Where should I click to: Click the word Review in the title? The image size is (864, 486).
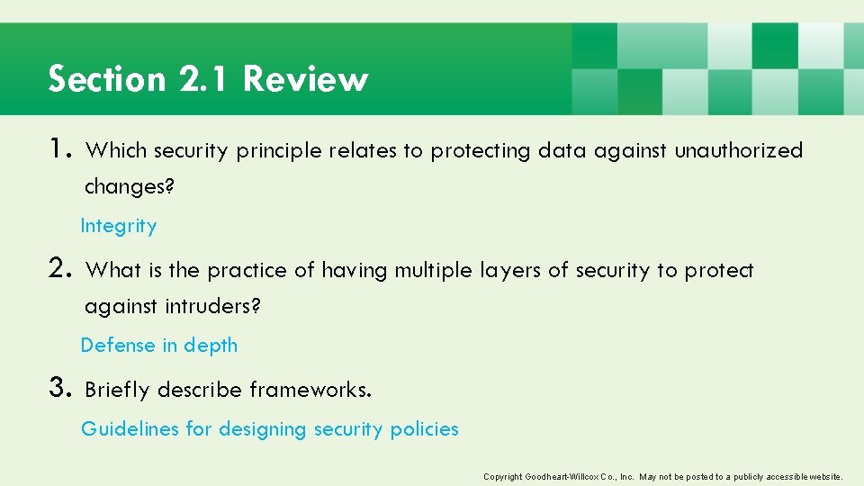click(305, 79)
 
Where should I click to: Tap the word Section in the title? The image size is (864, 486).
click(107, 79)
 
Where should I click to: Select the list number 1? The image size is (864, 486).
click(61, 149)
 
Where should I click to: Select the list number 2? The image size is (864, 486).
click(61, 268)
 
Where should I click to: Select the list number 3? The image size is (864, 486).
click(61, 389)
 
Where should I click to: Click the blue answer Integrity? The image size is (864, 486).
click(119, 226)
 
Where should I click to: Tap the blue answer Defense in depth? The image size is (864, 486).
click(159, 346)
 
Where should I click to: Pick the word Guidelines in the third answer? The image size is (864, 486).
click(130, 429)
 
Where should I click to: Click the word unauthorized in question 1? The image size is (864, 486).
click(738, 151)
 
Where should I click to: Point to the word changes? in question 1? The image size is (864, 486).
click(130, 187)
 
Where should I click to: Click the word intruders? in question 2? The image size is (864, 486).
click(213, 307)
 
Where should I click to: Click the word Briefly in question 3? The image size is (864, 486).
click(117, 390)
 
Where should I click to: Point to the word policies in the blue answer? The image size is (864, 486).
click(424, 429)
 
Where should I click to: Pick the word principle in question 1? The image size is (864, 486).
click(278, 151)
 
